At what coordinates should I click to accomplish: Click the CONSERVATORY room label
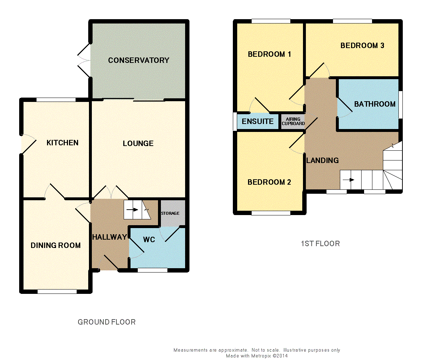click(x=138, y=60)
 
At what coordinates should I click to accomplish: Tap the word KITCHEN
click(x=62, y=143)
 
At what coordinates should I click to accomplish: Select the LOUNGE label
click(x=138, y=143)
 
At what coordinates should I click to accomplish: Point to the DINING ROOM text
click(x=56, y=245)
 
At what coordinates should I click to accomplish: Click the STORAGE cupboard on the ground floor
click(x=173, y=213)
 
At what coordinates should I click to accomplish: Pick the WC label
click(x=149, y=240)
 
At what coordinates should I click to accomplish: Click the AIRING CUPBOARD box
click(x=293, y=121)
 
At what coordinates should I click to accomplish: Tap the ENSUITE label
click(x=258, y=121)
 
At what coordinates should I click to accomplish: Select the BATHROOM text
click(x=375, y=104)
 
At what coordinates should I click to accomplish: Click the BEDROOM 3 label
click(x=362, y=46)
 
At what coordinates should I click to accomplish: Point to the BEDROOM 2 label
click(x=269, y=182)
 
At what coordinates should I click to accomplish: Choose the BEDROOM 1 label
click(x=269, y=54)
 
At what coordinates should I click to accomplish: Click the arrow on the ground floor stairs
click(x=133, y=210)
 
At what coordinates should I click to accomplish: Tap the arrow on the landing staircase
click(x=349, y=180)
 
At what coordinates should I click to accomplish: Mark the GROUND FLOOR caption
click(x=106, y=322)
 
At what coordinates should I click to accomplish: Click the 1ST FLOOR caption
click(x=320, y=244)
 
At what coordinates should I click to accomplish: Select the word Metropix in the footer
click(x=261, y=356)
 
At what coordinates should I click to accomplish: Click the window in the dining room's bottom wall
click(x=57, y=291)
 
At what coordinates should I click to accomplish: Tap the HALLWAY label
click(x=110, y=237)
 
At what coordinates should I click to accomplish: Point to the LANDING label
click(x=323, y=160)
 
